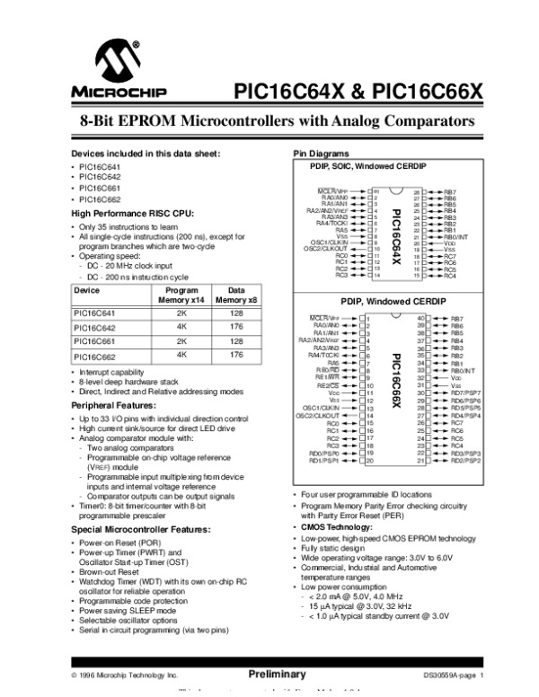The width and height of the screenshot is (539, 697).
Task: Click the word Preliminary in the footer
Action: point(277,674)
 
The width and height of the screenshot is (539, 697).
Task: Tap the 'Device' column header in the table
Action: point(87,291)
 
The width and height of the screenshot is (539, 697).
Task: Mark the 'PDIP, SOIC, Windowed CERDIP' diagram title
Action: point(356,168)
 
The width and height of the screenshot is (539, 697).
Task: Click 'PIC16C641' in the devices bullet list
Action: point(100,167)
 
